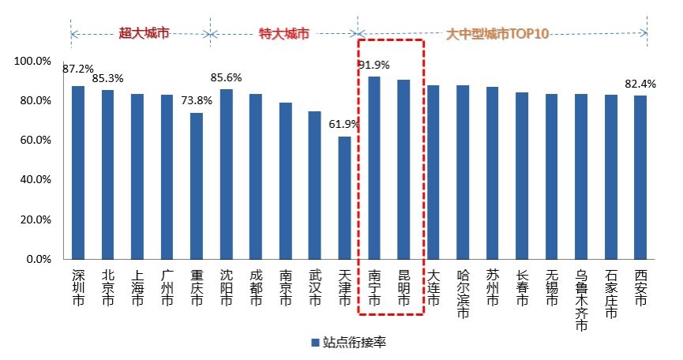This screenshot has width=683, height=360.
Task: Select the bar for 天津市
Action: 344,197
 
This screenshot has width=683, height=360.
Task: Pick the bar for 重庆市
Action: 197,186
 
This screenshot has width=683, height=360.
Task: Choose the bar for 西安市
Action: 640,177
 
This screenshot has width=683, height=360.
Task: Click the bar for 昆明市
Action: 403,169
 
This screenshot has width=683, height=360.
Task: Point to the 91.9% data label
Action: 374,65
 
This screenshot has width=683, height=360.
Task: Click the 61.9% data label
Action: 344,124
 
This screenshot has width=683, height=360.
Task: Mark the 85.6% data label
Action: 227,77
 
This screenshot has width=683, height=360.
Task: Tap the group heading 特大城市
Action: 284,34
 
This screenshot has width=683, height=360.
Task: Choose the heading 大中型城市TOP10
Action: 497,34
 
